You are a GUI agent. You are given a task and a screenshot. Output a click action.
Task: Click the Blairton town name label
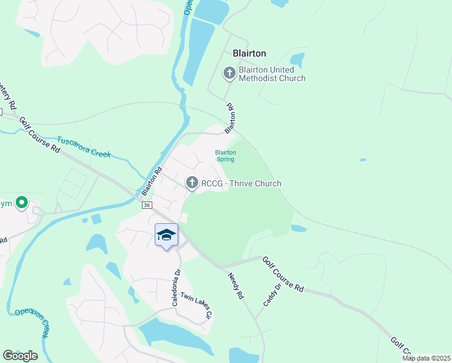point(245,53)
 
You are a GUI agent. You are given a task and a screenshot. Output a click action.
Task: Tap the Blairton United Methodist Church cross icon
point(229,74)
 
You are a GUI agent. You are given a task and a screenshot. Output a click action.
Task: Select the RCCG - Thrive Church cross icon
point(192,183)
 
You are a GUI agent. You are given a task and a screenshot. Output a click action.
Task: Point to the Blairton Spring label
point(225,155)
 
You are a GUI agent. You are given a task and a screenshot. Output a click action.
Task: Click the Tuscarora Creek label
point(83,146)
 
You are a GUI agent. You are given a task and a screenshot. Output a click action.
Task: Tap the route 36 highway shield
point(147,206)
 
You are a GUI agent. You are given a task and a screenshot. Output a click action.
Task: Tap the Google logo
point(20,356)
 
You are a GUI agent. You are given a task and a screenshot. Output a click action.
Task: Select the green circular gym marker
point(22,203)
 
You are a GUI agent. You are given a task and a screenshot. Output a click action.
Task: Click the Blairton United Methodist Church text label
point(272,74)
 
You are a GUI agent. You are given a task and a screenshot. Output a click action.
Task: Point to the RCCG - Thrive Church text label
point(241,183)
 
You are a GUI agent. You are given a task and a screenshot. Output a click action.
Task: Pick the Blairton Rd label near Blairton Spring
point(230,119)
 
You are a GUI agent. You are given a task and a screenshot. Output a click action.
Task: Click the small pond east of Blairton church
point(297,60)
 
